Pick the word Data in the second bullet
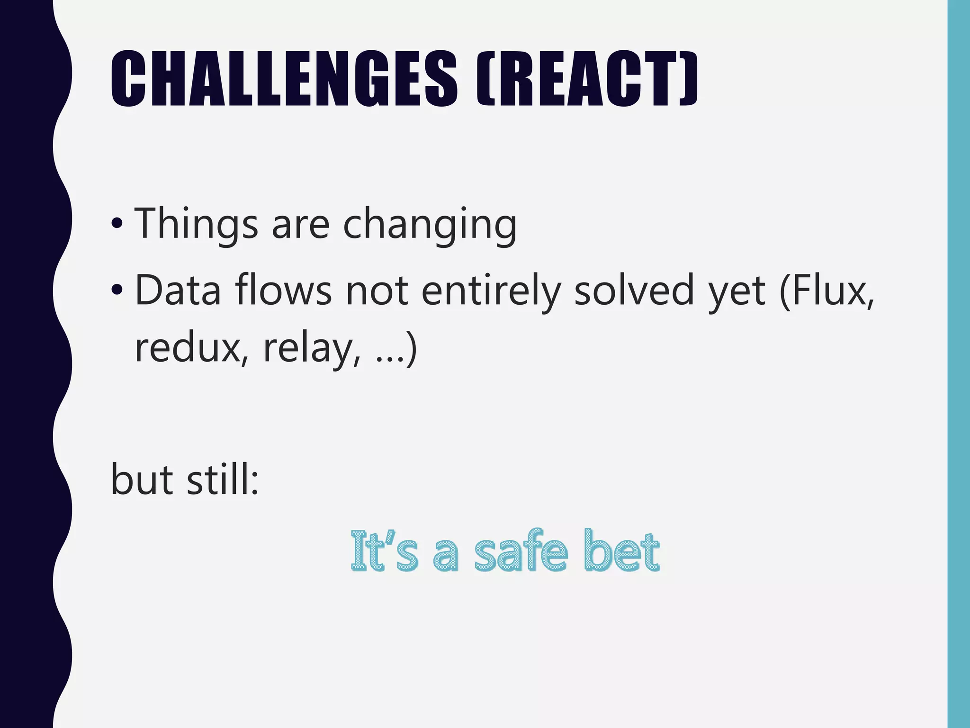coord(178,291)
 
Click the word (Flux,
coord(826,290)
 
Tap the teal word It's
coord(384,551)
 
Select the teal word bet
coord(621,551)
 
